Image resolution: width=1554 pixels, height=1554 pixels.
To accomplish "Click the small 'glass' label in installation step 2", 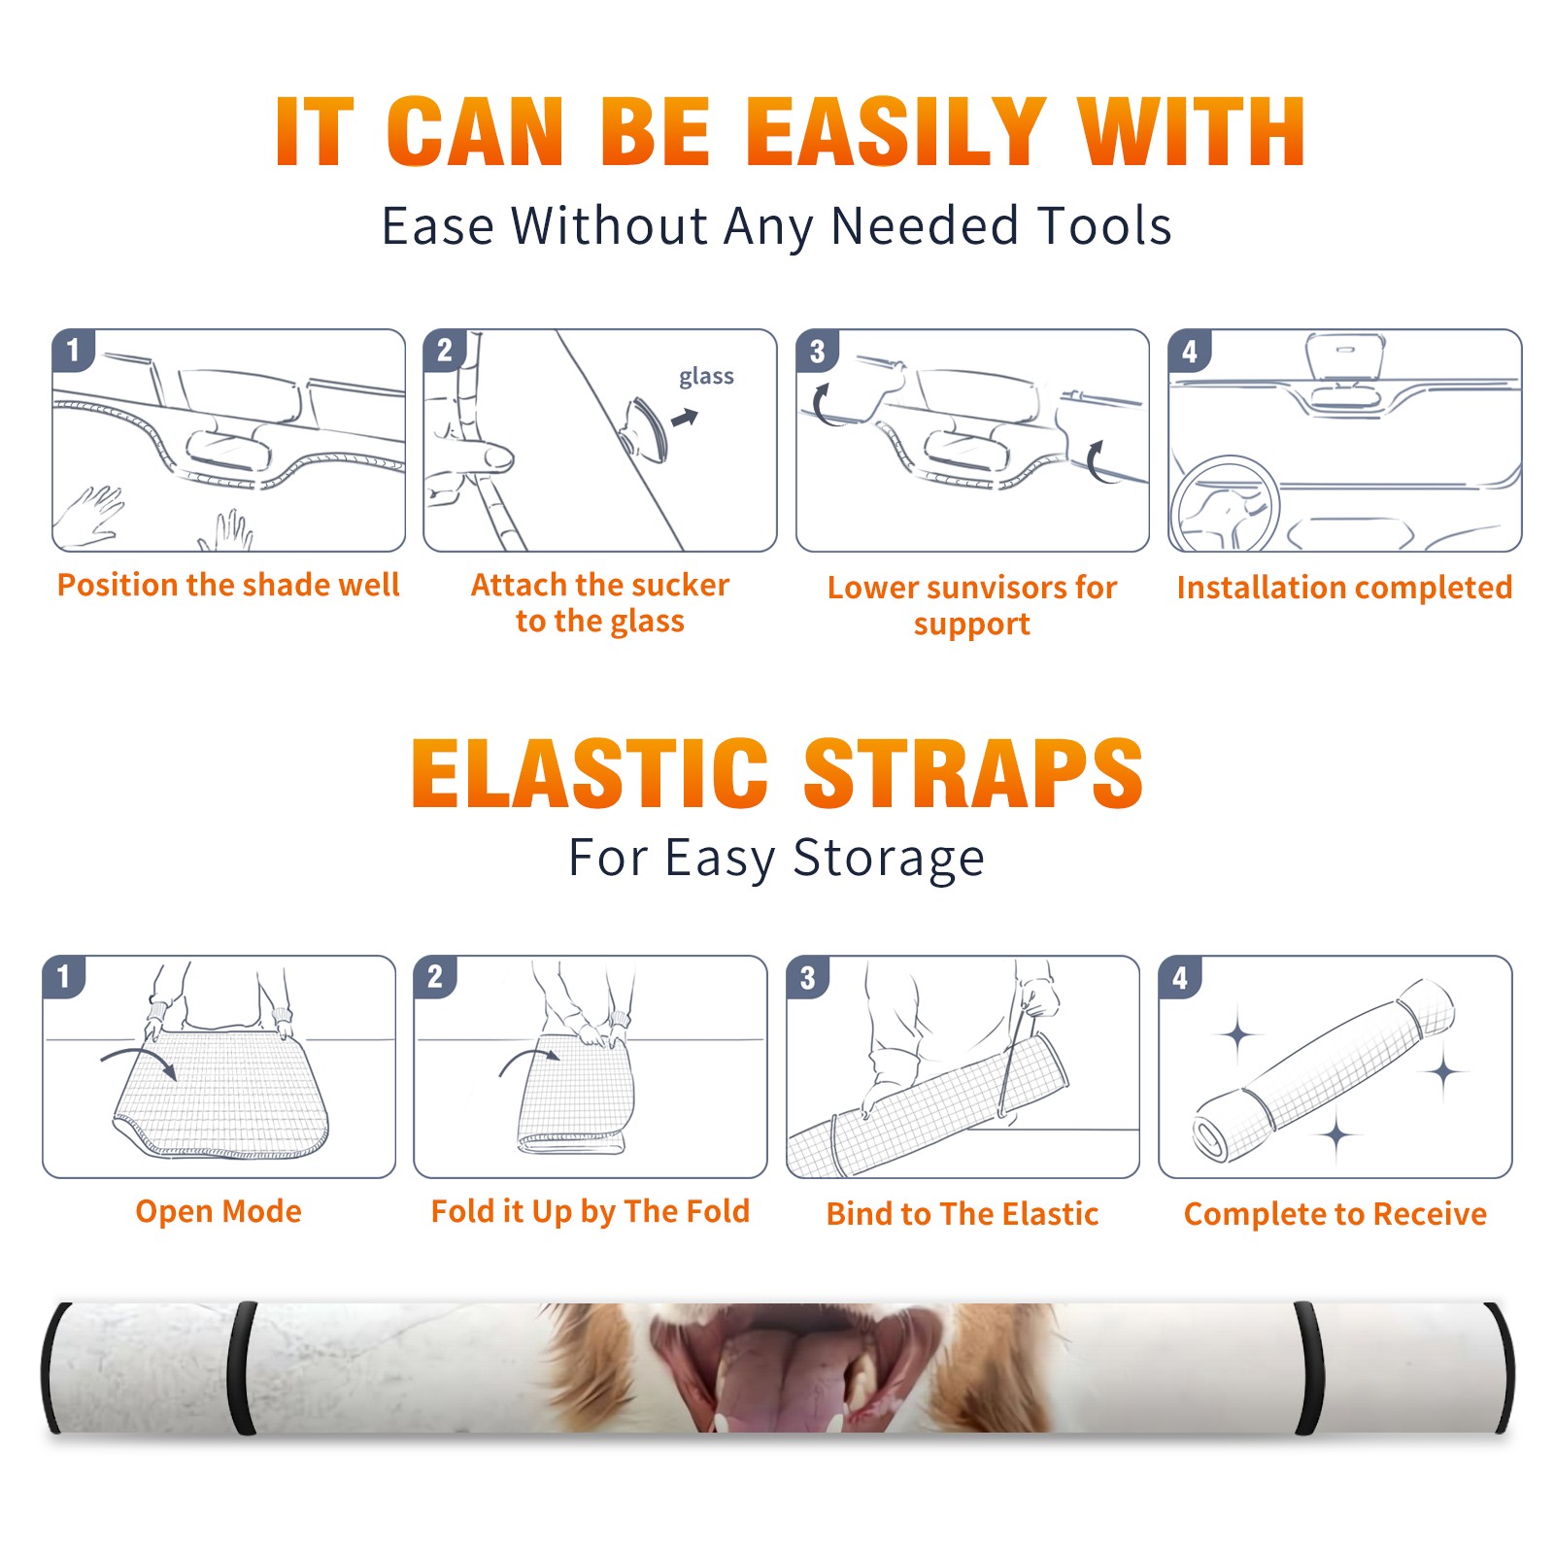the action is pyautogui.click(x=706, y=377).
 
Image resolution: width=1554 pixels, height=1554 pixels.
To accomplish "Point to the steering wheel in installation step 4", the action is pyautogui.click(x=1225, y=503).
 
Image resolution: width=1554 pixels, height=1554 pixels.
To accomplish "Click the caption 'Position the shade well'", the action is pyautogui.click(x=228, y=585).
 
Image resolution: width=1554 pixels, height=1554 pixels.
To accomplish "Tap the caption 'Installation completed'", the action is pyautogui.click(x=1344, y=588).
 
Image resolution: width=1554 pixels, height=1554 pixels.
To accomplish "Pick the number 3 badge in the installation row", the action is pyautogui.click(x=817, y=352).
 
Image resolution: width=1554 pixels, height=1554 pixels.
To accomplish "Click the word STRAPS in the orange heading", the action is pyautogui.click(x=973, y=773).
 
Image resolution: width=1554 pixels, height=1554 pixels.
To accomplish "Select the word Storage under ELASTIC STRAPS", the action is pyautogui.click(x=889, y=859).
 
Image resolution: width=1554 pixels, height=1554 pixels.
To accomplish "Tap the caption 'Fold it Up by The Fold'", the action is pyautogui.click(x=591, y=1211).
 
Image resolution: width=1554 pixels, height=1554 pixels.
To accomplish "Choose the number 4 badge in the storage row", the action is pyautogui.click(x=1180, y=977).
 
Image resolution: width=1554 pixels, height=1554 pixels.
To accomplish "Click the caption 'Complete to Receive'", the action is pyautogui.click(x=1335, y=1214).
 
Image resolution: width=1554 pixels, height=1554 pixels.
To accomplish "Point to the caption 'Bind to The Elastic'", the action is pyautogui.click(x=963, y=1214).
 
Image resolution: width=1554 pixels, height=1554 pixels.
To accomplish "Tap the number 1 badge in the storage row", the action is pyautogui.click(x=63, y=977).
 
